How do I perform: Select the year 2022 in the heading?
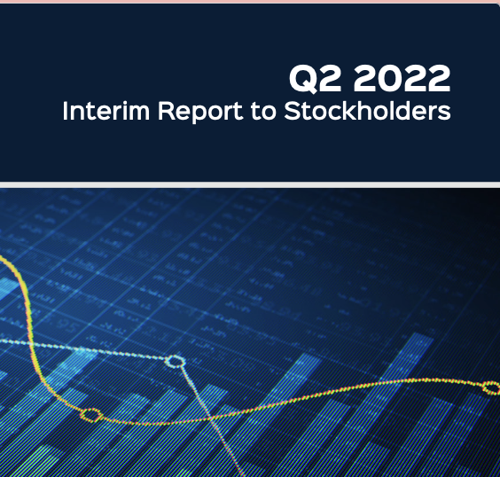[x=402, y=78]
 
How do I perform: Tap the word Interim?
[x=105, y=111]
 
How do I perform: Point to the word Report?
[x=200, y=112]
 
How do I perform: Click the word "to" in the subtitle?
[x=263, y=112]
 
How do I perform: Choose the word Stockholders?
[x=367, y=110]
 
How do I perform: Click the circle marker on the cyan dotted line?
[x=175, y=362]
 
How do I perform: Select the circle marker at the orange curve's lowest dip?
[x=91, y=415]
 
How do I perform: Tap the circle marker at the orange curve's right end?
[x=492, y=387]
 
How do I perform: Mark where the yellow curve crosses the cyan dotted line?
[x=32, y=344]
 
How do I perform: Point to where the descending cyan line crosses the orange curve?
[x=210, y=418]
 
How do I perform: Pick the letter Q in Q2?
[x=303, y=79]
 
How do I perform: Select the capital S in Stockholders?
[x=293, y=111]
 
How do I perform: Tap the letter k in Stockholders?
[x=351, y=110]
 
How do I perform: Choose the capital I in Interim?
[x=65, y=111]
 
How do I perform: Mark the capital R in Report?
[x=166, y=111]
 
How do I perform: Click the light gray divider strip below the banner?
[x=250, y=184]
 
